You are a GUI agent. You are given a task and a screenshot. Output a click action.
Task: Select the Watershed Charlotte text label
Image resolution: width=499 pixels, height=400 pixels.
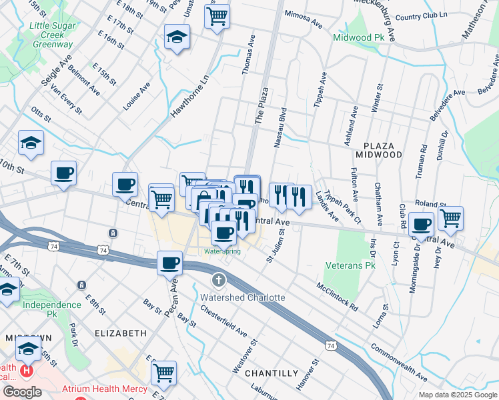point(243,297)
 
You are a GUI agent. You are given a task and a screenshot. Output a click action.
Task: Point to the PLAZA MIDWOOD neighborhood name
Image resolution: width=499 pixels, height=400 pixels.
point(383,150)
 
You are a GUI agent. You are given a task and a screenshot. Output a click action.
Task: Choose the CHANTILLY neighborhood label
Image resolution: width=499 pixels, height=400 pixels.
point(271,373)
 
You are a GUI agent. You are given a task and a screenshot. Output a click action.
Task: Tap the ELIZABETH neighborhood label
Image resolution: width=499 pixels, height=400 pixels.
point(121,333)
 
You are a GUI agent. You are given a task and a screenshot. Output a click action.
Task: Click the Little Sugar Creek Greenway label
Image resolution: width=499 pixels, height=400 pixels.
point(51,35)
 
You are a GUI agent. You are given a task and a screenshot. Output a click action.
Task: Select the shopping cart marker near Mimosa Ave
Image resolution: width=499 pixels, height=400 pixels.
point(217,16)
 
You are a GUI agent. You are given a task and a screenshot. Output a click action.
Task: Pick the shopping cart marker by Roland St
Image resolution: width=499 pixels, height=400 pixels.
point(451,217)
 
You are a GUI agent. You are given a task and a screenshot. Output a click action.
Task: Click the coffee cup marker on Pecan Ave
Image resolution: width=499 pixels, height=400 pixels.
point(170,262)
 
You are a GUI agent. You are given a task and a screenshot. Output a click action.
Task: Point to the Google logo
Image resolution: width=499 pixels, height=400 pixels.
point(21,392)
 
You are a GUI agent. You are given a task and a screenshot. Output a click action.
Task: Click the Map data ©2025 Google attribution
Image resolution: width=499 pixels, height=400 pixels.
point(458,395)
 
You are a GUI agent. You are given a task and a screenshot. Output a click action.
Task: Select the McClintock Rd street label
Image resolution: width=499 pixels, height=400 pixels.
point(338,297)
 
